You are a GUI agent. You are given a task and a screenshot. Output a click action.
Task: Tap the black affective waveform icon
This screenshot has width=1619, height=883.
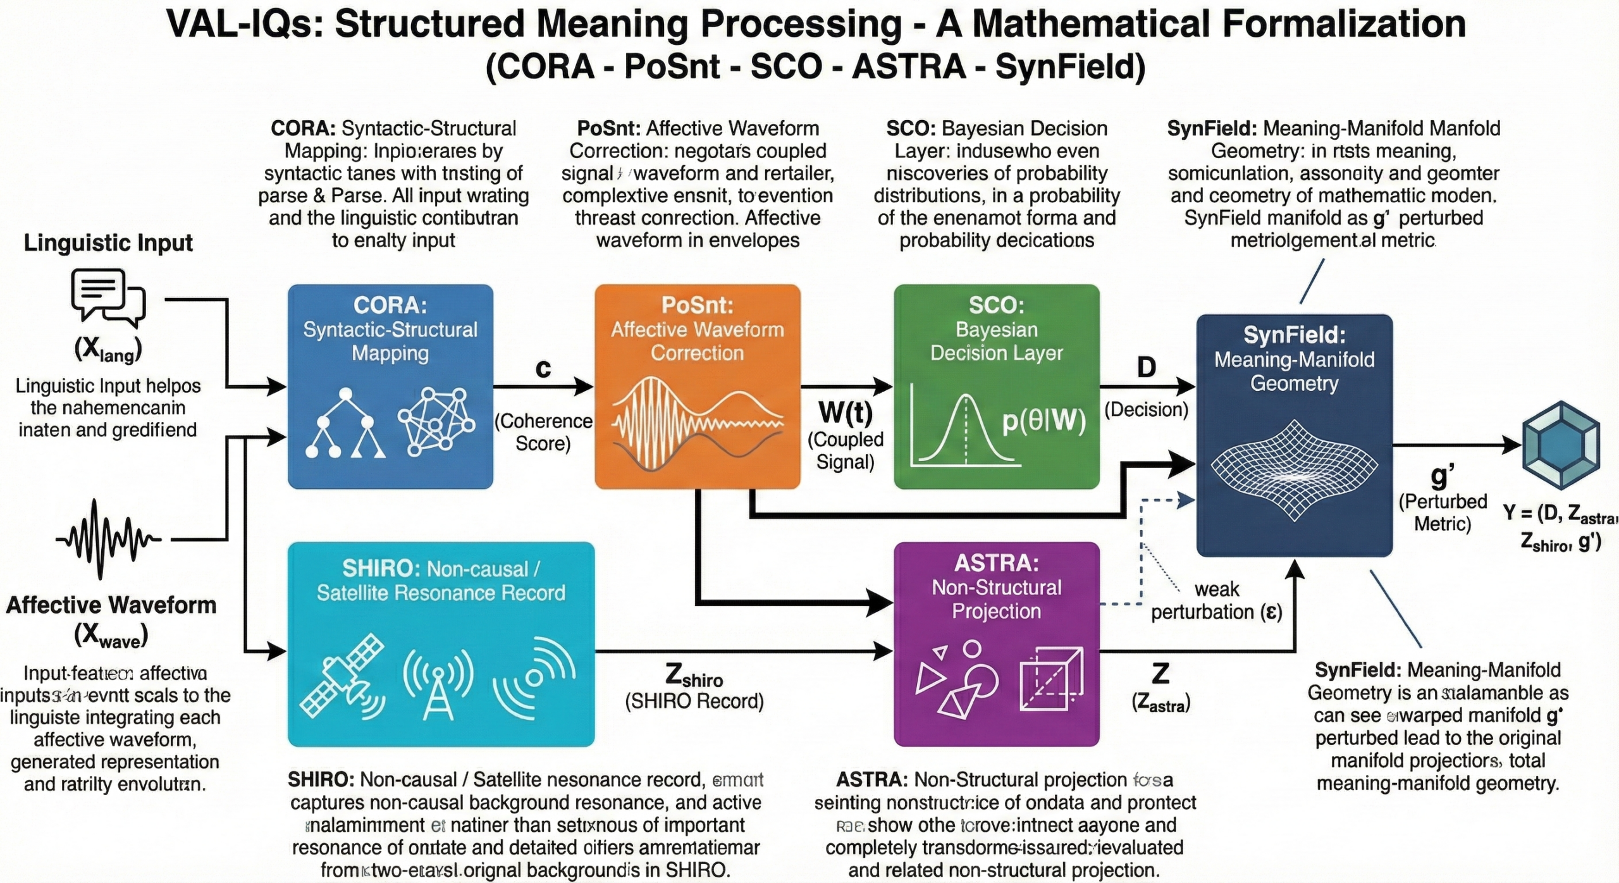point(108,540)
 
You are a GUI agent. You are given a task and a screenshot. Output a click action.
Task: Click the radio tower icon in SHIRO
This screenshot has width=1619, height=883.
point(438,684)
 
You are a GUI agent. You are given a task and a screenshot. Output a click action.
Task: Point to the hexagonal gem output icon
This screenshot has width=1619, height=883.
point(1561,445)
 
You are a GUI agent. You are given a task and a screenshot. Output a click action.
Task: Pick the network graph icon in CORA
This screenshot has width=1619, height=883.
point(436,421)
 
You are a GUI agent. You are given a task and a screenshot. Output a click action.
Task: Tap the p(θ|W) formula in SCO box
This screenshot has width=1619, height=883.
point(1043,421)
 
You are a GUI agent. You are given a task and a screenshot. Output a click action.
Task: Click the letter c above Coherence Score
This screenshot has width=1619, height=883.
point(543,368)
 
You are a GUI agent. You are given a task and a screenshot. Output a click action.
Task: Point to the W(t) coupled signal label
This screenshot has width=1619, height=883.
point(846,412)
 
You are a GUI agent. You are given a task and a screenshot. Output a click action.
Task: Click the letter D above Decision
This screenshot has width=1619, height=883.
point(1146,367)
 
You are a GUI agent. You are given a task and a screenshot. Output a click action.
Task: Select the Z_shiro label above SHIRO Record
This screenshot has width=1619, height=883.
point(694,677)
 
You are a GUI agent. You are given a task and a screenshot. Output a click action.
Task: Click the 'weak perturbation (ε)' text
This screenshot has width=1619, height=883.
point(1216,601)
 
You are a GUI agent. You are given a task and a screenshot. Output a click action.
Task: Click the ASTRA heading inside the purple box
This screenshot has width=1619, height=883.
point(996,563)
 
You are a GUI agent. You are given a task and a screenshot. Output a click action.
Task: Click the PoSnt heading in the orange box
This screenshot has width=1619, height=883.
point(697,306)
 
